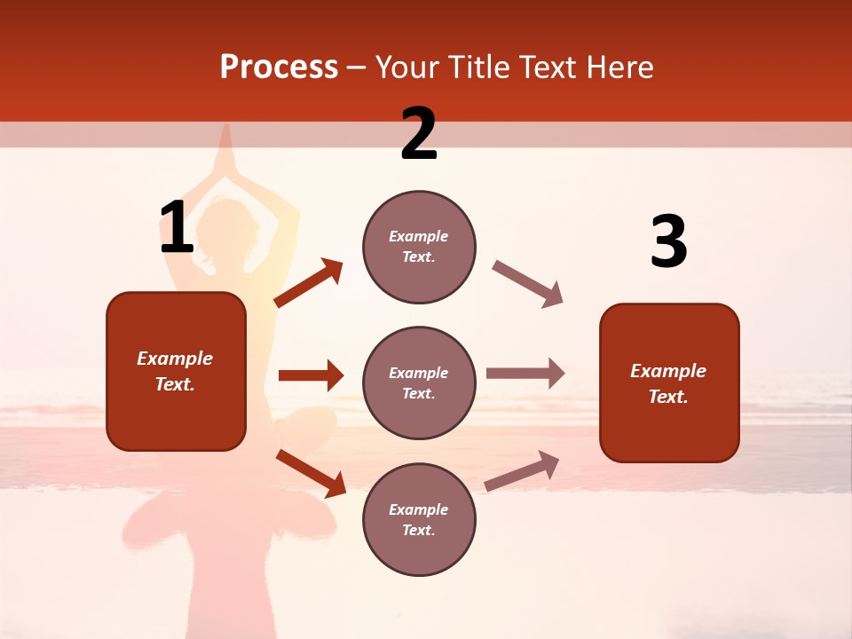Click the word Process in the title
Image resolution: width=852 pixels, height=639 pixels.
click(279, 67)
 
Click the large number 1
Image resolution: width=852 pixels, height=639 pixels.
click(177, 228)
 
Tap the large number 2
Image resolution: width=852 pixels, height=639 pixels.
click(419, 134)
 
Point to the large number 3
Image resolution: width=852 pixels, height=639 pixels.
click(668, 242)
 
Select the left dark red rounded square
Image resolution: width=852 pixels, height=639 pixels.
click(176, 371)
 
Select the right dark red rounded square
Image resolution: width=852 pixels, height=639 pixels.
click(669, 383)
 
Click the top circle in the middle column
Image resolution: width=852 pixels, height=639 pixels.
click(419, 247)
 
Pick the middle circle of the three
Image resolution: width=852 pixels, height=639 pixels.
click(419, 383)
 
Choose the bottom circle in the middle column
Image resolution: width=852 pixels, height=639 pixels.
click(419, 519)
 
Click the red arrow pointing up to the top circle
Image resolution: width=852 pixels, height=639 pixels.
click(308, 283)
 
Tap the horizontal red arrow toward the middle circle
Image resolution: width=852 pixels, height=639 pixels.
click(311, 375)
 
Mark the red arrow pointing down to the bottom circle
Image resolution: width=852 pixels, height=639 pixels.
click(311, 473)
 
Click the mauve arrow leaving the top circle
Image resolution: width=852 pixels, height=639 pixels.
click(527, 284)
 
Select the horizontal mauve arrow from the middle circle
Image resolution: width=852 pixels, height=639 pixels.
click(525, 373)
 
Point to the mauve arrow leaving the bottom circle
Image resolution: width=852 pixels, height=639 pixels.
click(522, 470)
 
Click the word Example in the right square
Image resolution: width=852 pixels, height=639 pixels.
click(668, 371)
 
